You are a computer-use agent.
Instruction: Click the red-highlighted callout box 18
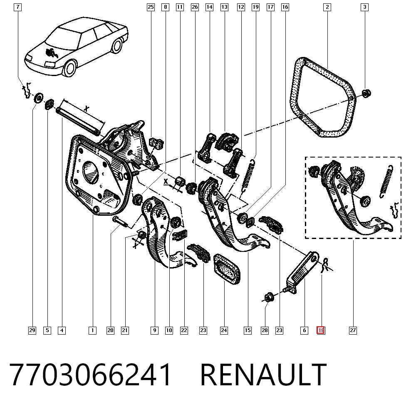321,330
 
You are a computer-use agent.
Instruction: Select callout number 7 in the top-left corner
17,7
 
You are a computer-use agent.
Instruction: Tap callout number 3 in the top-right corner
364,7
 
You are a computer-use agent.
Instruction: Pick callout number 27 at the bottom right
353,330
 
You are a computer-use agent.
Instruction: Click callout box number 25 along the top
151,7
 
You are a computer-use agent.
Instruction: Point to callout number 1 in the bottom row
92,330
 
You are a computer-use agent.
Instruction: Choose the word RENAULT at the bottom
263,375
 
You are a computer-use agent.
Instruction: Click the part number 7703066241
90,375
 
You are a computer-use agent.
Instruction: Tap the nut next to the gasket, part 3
366,93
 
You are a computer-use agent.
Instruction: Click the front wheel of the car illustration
70,68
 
